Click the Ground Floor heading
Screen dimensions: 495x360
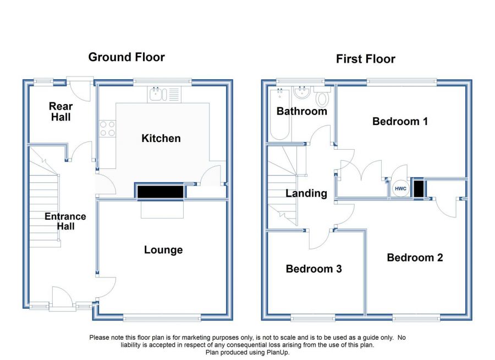pos(127,57)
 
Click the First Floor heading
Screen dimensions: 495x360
pos(366,59)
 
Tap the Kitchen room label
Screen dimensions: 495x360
pos(161,138)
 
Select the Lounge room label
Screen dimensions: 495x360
pos(163,250)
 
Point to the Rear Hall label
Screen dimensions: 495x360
pos(61,112)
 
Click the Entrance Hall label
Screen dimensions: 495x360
pos(65,221)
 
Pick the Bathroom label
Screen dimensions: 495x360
pos(302,111)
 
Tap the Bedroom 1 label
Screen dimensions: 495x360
pos(400,121)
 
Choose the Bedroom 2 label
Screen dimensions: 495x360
pos(415,258)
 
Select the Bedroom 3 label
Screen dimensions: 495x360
pos(314,269)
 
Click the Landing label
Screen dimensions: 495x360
pos(306,193)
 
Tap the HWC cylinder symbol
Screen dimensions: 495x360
pos(400,189)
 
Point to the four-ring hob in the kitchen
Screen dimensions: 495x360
pos(107,129)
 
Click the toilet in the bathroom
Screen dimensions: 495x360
pos(322,95)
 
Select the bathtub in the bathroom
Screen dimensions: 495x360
pos(280,114)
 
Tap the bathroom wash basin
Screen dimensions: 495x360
pos(302,92)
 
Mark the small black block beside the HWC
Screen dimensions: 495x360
pos(419,189)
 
